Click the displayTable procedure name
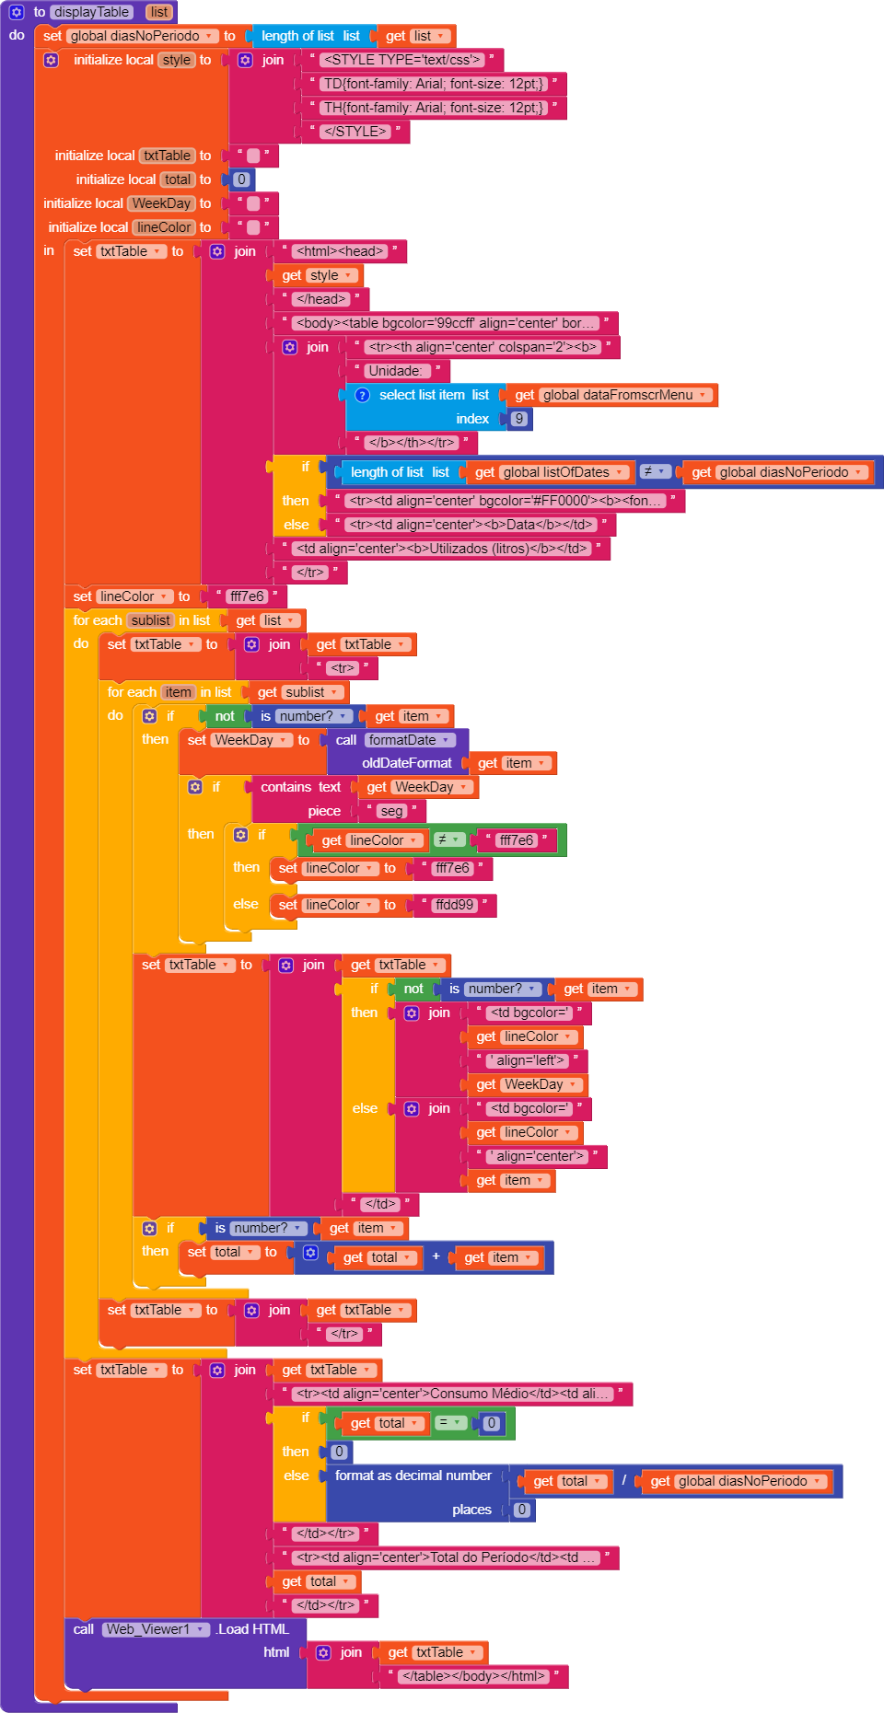(x=91, y=12)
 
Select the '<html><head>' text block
(x=339, y=251)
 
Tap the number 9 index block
(x=519, y=419)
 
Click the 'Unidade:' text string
(x=394, y=371)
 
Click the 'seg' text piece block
(x=391, y=811)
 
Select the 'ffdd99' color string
(x=454, y=905)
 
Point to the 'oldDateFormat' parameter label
(x=406, y=763)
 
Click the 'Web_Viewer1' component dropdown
(x=154, y=1629)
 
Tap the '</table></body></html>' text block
(x=473, y=1676)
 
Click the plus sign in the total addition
(x=436, y=1256)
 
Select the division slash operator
(x=623, y=1481)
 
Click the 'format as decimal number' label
(x=413, y=1476)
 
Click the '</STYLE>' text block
(x=355, y=132)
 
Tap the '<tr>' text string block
(x=342, y=668)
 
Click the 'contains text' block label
(x=300, y=787)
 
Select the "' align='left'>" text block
(x=530, y=1060)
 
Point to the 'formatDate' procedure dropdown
(x=409, y=740)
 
